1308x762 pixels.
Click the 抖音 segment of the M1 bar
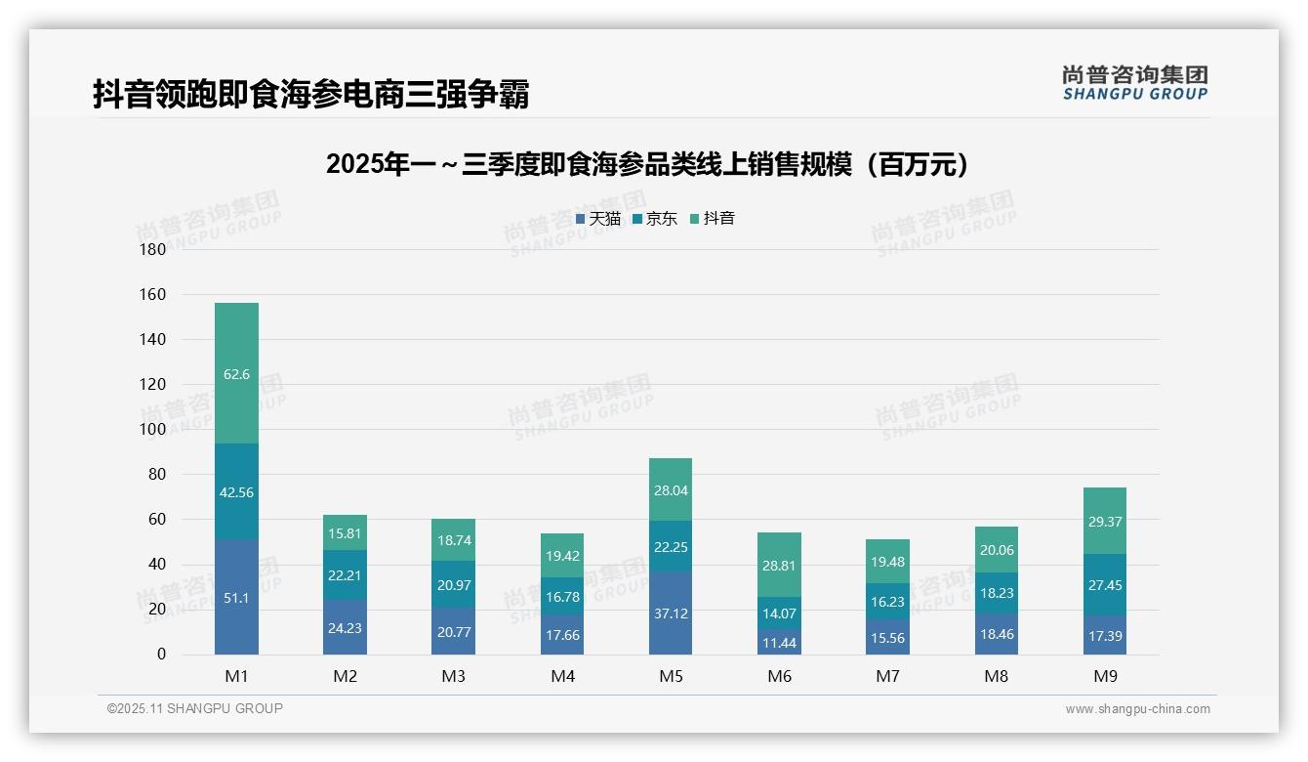click(236, 373)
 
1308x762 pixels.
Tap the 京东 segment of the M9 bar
click(1104, 584)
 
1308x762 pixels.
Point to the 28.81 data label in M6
click(779, 566)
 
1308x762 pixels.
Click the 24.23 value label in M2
click(345, 628)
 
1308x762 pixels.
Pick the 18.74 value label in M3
click(453, 540)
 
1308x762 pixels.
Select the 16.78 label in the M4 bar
click(562, 597)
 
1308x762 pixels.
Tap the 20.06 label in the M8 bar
click(996, 550)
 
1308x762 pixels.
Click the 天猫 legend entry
click(597, 219)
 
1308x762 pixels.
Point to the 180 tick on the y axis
click(153, 249)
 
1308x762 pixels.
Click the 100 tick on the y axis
click(153, 429)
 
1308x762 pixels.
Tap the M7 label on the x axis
click(887, 676)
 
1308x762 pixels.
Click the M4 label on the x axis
click(562, 676)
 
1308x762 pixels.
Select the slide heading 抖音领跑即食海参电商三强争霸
click(310, 95)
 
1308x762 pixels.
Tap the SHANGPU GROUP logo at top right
click(1134, 83)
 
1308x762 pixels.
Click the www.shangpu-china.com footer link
click(1137, 709)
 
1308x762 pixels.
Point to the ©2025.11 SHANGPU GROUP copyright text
click(195, 708)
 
